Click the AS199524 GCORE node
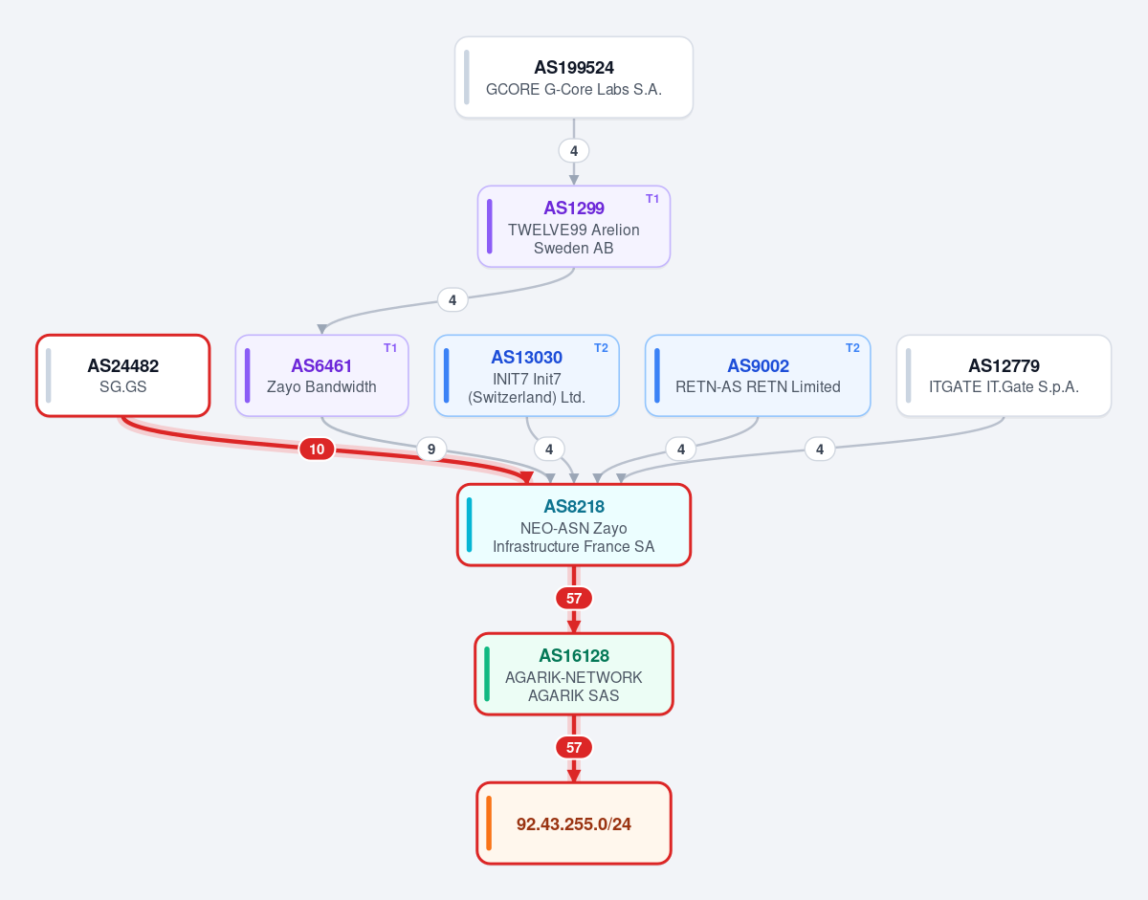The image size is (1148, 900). coord(574,77)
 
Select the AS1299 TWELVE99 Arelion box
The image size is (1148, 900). coord(574,227)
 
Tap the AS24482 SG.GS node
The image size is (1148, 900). coord(123,376)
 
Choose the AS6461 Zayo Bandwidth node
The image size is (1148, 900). coord(321,376)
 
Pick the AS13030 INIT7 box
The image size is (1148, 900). coord(527,376)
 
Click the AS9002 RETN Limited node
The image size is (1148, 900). coord(758,376)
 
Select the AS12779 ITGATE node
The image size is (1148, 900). coord(1004,376)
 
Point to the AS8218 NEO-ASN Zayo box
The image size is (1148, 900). coord(574,525)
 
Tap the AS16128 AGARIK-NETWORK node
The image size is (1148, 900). coord(574,674)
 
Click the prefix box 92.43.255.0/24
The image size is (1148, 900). coord(574,823)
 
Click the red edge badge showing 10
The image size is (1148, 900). coord(317,450)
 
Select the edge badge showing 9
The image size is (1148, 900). coord(431,450)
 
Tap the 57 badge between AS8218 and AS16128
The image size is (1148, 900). coord(574,599)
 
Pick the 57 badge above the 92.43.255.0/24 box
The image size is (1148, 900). coord(574,748)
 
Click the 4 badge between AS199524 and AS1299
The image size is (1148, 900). coord(574,151)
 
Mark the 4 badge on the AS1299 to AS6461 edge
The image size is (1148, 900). coord(453,300)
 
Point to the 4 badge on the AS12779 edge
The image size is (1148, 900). coord(820,450)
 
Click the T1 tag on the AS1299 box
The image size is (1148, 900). coord(652,199)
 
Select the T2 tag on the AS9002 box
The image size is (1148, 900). coord(852,348)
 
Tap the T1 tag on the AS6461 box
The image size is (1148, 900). coord(390,348)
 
